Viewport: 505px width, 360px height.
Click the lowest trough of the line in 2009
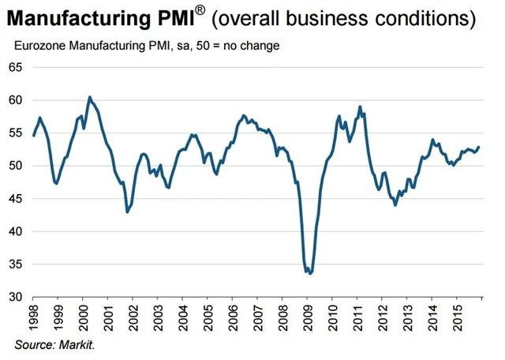tap(310, 273)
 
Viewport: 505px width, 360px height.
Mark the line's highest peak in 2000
tap(89, 97)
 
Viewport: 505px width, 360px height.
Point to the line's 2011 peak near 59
tap(360, 107)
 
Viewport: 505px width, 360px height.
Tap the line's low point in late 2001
tap(127, 212)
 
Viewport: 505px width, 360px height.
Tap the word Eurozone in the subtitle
tap(39, 45)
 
